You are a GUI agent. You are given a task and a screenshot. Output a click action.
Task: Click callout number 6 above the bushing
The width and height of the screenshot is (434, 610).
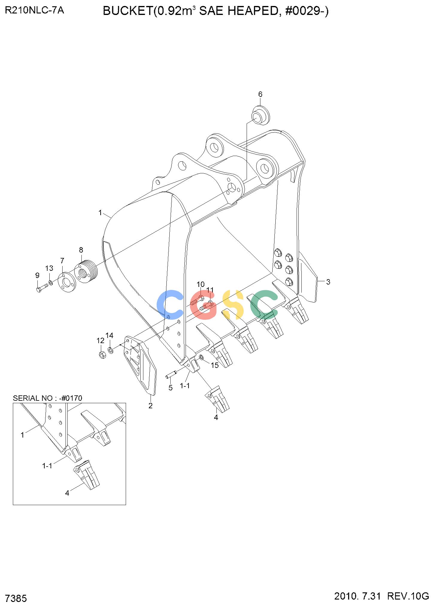tap(260, 94)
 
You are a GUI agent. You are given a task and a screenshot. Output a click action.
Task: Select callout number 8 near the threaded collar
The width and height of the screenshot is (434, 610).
tap(81, 250)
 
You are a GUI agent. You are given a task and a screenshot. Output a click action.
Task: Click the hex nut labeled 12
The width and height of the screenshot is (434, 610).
tap(102, 355)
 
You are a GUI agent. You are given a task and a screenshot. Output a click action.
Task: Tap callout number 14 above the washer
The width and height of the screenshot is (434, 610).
tap(110, 335)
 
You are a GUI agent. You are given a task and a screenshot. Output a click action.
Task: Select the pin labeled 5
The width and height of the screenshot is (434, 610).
tap(172, 373)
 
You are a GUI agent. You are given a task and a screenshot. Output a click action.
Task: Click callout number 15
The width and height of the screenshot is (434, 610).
tap(215, 365)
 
